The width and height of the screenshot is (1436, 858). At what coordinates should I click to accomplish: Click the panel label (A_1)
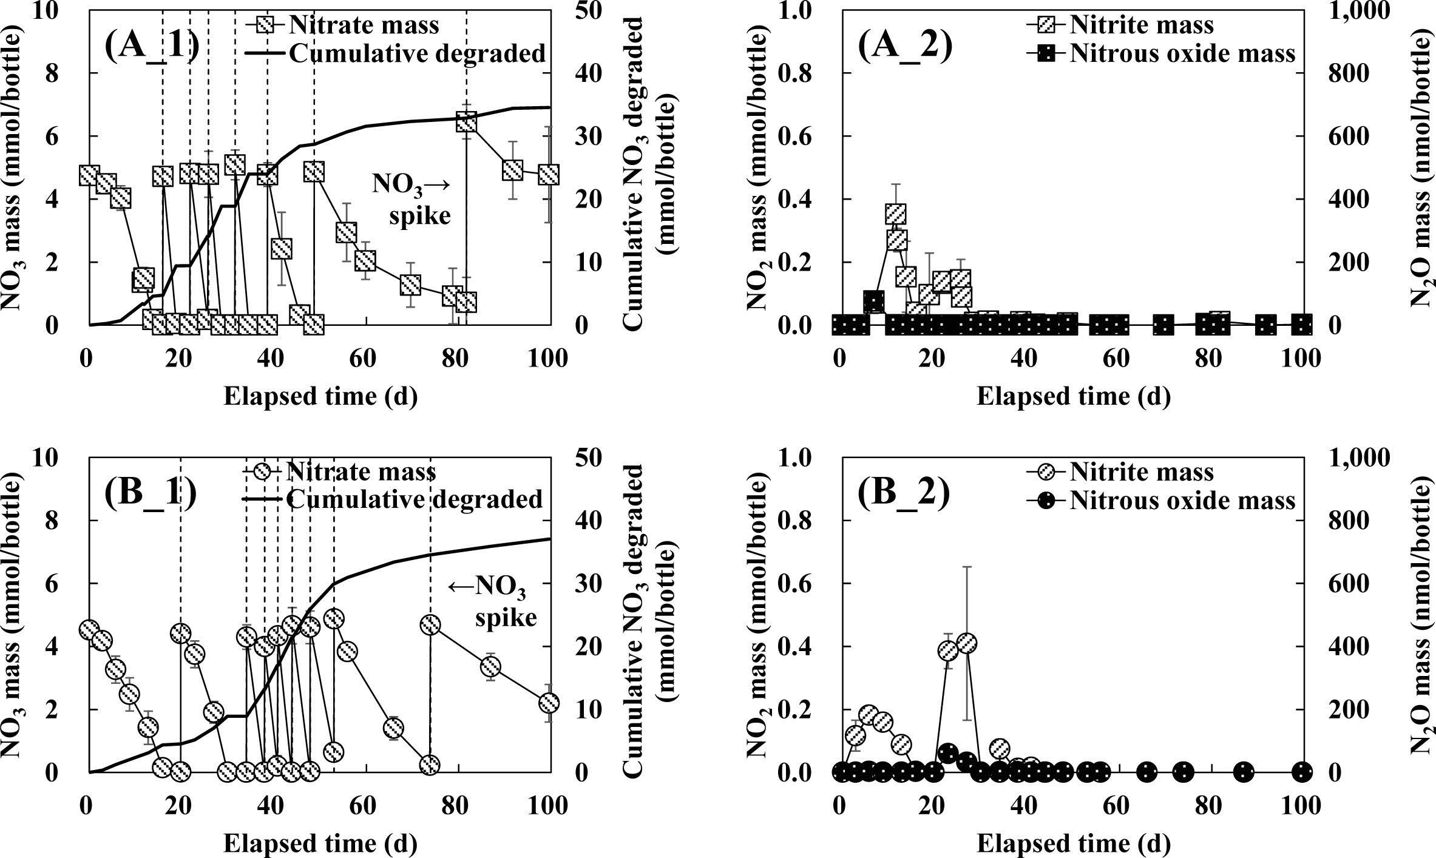point(151,48)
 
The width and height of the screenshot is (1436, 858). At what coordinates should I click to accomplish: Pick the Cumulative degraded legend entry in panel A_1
point(416,53)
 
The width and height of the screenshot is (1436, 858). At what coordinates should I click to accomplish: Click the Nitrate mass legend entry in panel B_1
point(360,471)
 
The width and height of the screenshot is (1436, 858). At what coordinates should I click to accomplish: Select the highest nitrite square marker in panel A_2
point(895,214)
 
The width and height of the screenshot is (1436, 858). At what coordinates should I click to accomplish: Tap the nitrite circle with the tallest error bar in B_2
point(966,643)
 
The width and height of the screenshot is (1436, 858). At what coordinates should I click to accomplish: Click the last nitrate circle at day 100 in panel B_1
point(549,703)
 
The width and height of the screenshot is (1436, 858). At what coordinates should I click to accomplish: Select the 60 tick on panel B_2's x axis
point(1116,805)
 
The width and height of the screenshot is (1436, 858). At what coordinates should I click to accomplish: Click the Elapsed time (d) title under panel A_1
point(320,396)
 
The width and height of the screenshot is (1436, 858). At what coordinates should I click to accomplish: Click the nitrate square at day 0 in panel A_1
point(89,175)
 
